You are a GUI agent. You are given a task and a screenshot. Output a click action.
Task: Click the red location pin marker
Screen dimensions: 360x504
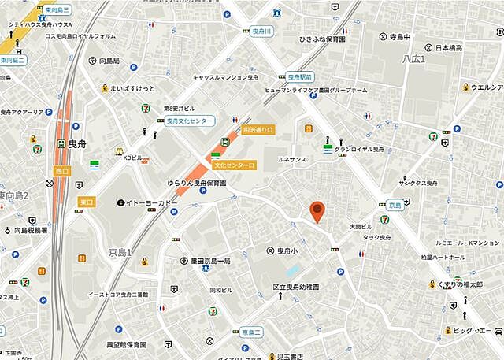coord(317,210)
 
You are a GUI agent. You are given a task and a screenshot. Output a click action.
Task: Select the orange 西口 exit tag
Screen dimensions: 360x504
coord(61,171)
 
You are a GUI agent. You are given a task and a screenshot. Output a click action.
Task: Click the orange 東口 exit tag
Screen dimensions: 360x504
coord(87,202)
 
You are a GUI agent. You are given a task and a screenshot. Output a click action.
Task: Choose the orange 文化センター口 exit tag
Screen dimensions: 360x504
coord(234,165)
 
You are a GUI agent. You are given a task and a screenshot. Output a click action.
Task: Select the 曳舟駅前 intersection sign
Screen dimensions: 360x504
coord(300,77)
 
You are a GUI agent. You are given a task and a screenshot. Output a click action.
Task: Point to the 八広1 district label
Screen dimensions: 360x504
coord(413,59)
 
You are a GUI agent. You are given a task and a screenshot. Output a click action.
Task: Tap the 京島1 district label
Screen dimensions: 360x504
coord(120,252)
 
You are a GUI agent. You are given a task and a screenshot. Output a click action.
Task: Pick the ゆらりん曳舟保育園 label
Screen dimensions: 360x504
coord(196,183)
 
